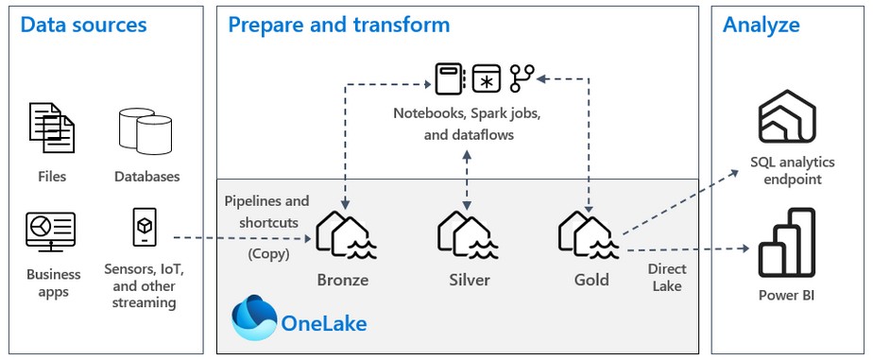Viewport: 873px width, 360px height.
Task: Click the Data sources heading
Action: [x=84, y=25]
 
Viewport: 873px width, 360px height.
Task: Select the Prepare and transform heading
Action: [x=338, y=25]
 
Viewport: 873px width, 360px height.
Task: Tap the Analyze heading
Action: [x=762, y=25]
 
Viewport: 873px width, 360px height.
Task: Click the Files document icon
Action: [x=52, y=130]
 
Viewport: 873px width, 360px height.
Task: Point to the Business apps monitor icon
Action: [x=51, y=231]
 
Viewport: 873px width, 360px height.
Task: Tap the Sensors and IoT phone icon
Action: [x=144, y=228]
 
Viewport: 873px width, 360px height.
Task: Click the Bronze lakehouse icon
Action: [x=342, y=236]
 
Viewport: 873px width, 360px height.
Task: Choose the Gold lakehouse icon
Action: [x=590, y=236]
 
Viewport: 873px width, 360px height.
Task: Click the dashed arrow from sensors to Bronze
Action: [x=246, y=238]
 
